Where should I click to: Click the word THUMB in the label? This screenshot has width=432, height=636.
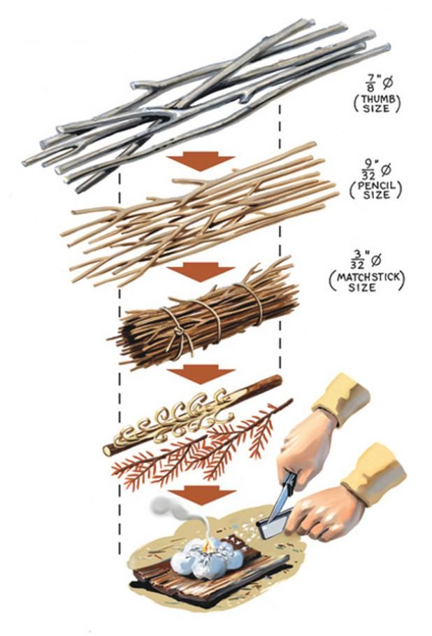coord(377,99)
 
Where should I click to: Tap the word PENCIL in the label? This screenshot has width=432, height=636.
coord(375,186)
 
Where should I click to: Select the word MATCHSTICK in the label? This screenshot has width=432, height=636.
coord(367,278)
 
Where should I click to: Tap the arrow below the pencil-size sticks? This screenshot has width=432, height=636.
coord(201,271)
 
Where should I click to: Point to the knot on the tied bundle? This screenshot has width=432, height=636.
coord(178,331)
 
